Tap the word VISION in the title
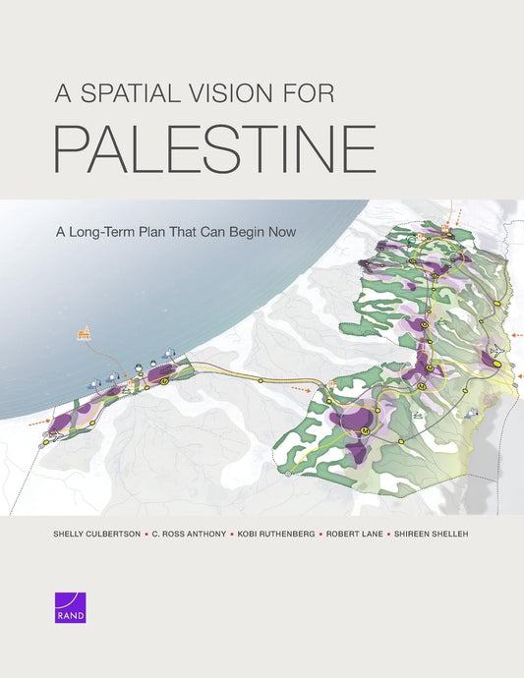coord(237,94)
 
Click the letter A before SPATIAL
coord(61,94)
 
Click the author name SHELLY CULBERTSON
coord(94,536)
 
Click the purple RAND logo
coord(72,608)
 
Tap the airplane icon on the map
coord(495,351)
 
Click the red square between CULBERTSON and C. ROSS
coord(146,536)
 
